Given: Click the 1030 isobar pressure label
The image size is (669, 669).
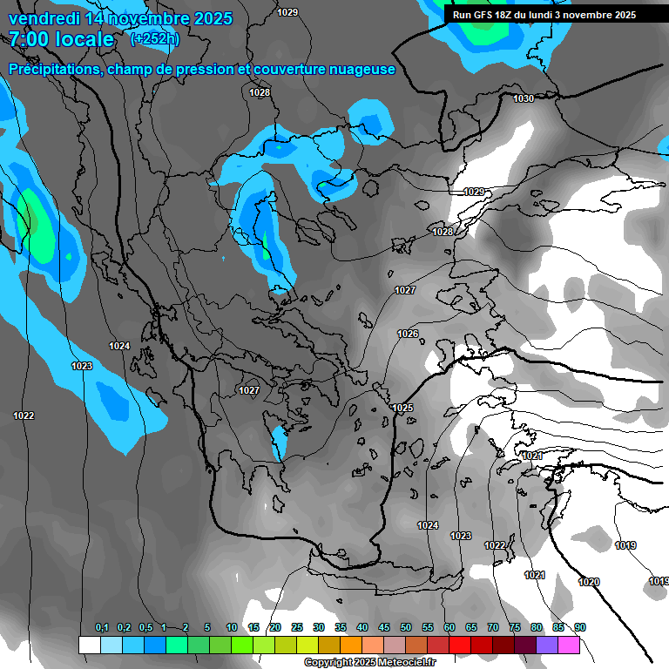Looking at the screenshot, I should pyautogui.click(x=523, y=99).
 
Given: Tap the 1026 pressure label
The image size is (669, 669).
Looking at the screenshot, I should pyautogui.click(x=408, y=334).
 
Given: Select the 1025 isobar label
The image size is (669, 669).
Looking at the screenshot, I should pyautogui.click(x=402, y=409).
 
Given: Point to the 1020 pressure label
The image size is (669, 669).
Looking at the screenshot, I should pyautogui.click(x=589, y=582).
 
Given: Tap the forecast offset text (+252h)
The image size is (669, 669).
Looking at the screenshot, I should pyautogui.click(x=154, y=38).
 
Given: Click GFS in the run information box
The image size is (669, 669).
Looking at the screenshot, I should pyautogui.click(x=487, y=15).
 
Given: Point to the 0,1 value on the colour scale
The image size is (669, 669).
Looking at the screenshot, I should pyautogui.click(x=102, y=628).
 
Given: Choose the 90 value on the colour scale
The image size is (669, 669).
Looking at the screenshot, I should pyautogui.click(x=580, y=628).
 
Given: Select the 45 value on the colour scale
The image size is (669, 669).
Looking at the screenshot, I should pyautogui.click(x=384, y=628).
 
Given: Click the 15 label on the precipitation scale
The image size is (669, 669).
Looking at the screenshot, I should pyautogui.click(x=253, y=628).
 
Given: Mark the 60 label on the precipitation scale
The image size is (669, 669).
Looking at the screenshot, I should pyautogui.click(x=449, y=628).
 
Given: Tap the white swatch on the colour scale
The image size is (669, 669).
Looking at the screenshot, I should pyautogui.click(x=89, y=645).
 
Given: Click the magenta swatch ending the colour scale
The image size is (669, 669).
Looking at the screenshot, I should pyautogui.click(x=569, y=645).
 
